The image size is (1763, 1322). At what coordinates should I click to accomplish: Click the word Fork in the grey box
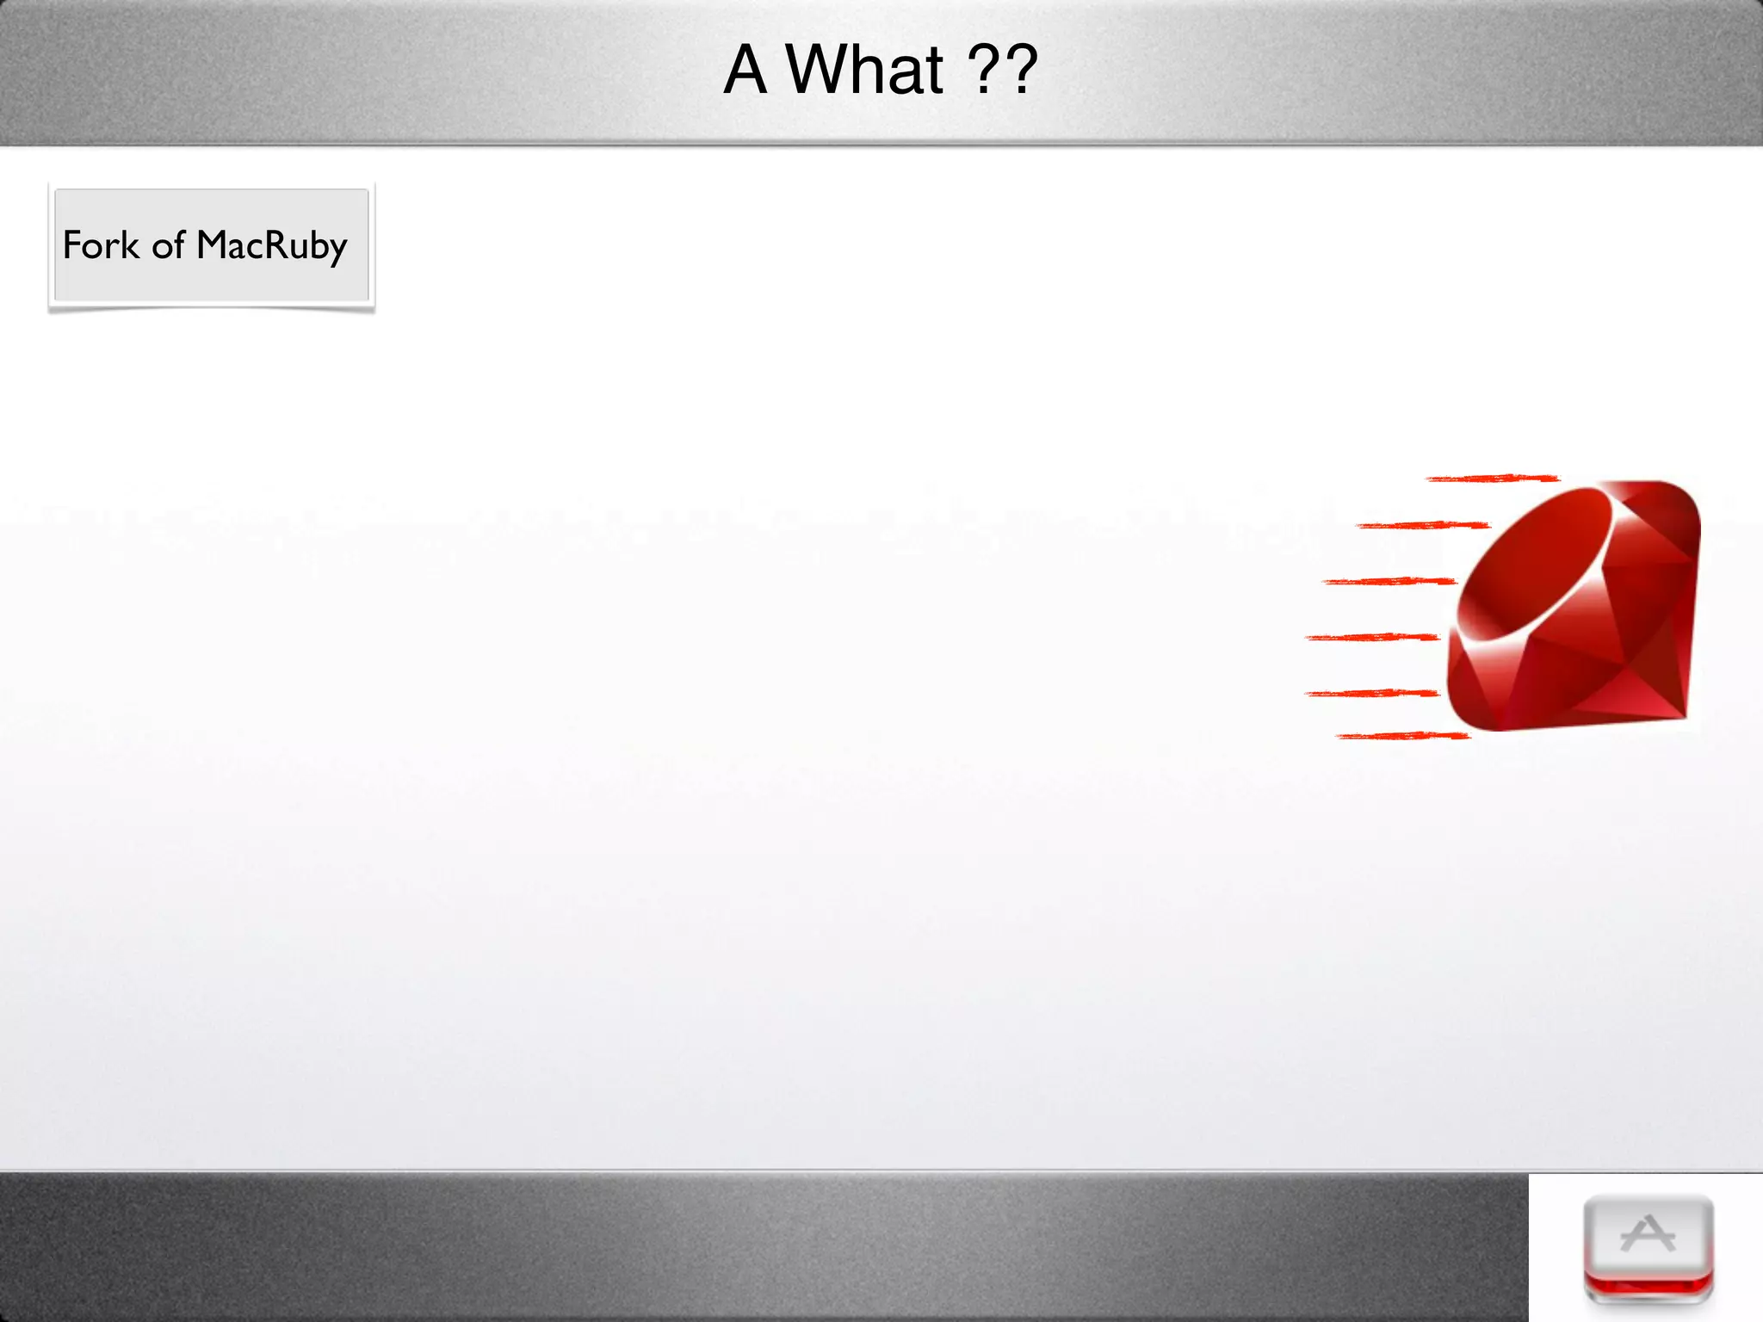coord(100,245)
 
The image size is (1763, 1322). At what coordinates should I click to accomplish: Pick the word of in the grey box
coord(168,246)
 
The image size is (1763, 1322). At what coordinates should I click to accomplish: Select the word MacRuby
coord(272,246)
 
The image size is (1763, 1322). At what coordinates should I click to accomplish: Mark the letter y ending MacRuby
coord(337,250)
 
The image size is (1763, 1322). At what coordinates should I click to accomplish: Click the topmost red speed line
coord(1492,478)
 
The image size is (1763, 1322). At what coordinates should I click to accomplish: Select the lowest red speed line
coord(1403,736)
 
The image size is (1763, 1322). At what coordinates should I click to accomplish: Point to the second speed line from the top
coord(1422,525)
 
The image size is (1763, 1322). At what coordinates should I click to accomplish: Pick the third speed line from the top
coord(1388,582)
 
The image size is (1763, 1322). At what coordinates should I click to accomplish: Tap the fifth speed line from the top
coord(1371,693)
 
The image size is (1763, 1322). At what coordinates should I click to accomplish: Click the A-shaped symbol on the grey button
coord(1647,1234)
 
